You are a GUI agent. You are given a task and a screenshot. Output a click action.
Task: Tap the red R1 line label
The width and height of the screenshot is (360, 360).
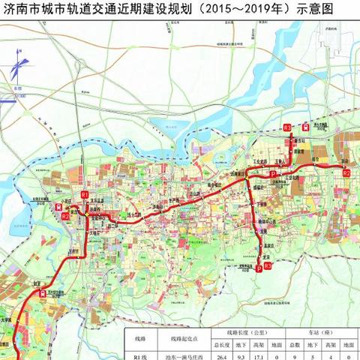point(85,194)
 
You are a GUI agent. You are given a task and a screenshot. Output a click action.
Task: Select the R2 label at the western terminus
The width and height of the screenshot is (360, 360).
point(65,217)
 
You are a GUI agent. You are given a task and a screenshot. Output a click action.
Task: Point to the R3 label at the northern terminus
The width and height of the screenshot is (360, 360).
point(289,130)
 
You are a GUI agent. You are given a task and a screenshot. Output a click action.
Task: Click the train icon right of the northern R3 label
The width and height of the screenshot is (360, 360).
point(306,127)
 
